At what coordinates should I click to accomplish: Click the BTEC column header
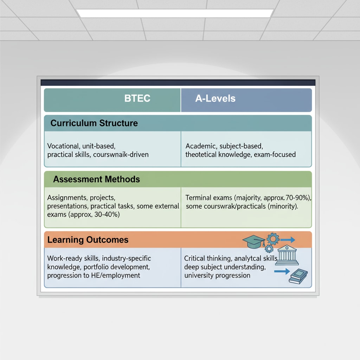pos(137,98)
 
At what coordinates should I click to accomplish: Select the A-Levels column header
pos(215,98)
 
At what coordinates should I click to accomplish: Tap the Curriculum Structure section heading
pos(94,123)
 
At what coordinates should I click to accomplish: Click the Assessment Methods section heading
pos(96,179)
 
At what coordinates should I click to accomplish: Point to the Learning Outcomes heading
pos(88,240)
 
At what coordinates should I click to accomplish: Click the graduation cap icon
pos(254,241)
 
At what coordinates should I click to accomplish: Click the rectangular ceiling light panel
pos(175,13)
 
